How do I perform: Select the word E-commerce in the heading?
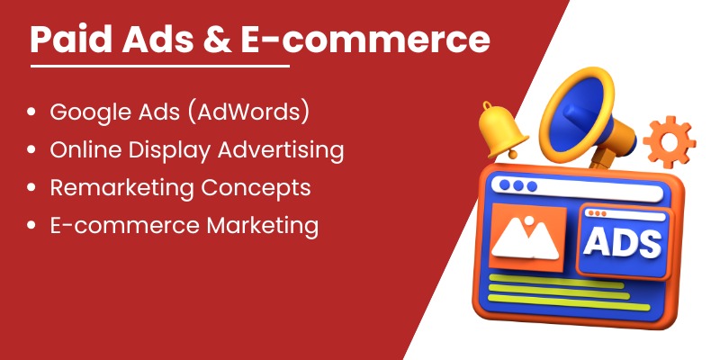pyautogui.click(x=365, y=40)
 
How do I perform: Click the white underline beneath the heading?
pyautogui.click(x=160, y=66)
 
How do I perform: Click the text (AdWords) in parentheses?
pyautogui.click(x=249, y=113)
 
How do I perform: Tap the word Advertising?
pyautogui.click(x=281, y=150)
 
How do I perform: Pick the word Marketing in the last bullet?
pyautogui.click(x=262, y=226)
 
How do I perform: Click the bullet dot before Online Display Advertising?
pyautogui.click(x=31, y=149)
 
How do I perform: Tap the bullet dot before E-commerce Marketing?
pyautogui.click(x=31, y=225)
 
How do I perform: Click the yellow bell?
pyautogui.click(x=502, y=130)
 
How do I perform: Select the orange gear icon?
pyautogui.click(x=669, y=142)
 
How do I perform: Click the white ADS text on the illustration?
pyautogui.click(x=622, y=241)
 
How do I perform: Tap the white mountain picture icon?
pyautogui.click(x=525, y=238)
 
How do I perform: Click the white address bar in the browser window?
pyautogui.click(x=577, y=188)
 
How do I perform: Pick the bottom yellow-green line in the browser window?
pyautogui.click(x=569, y=302)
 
